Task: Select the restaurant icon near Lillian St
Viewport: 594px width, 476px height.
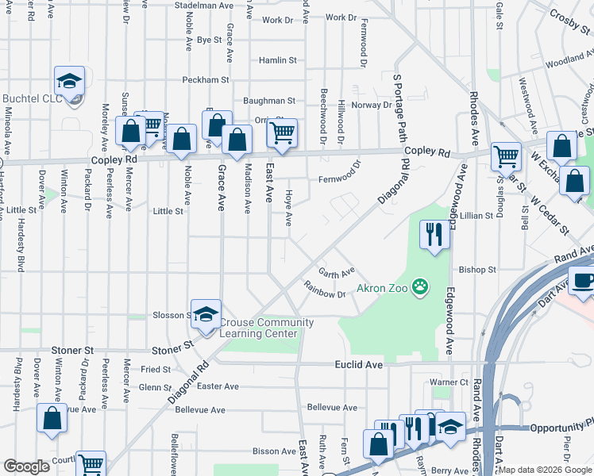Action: point(434,234)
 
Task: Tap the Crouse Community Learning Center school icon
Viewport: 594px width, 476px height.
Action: point(206,315)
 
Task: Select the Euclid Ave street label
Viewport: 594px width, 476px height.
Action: point(363,363)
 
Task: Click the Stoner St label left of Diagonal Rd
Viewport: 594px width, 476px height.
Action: point(72,350)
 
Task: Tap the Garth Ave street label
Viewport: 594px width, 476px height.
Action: point(337,272)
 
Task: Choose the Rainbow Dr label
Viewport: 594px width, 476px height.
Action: point(326,290)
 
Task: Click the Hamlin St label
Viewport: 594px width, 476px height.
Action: point(277,60)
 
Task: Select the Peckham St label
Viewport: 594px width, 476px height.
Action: point(205,80)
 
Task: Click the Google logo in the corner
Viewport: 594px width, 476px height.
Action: point(26,466)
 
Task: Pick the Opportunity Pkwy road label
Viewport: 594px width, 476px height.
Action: point(564,426)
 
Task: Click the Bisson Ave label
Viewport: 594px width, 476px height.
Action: point(252,451)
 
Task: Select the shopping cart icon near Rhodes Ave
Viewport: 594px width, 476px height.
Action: point(505,156)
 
